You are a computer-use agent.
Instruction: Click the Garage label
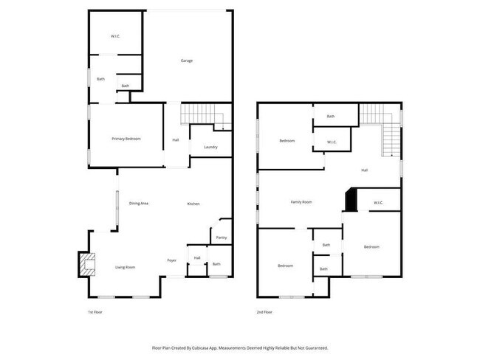coord(187,60)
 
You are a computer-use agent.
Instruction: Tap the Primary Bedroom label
coord(126,139)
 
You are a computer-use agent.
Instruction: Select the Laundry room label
coord(210,147)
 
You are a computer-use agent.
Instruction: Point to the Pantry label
coord(221,238)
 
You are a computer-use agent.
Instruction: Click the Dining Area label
coord(140,204)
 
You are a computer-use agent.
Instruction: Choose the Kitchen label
coord(193,204)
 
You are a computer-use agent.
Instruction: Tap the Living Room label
coord(124,267)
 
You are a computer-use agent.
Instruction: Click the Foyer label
coord(171,260)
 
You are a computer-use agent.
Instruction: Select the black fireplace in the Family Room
coord(349,200)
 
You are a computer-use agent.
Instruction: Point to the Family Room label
coord(301,201)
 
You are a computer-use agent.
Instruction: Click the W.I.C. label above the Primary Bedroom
coord(116,35)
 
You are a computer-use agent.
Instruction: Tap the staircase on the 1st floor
coord(202,115)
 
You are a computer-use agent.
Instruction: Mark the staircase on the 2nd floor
coord(383,125)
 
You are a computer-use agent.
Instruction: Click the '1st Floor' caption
coord(95,313)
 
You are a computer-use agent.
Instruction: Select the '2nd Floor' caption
coord(265,313)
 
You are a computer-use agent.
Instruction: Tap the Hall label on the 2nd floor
coord(365,170)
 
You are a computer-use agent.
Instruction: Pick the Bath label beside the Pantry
coord(216,264)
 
